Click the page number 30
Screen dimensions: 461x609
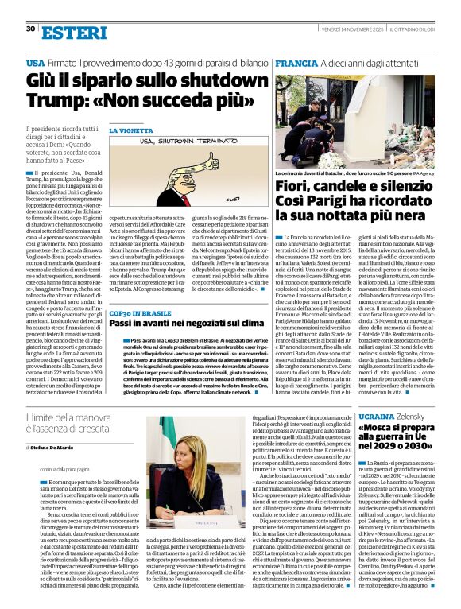click(x=29, y=29)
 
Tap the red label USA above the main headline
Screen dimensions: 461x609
click(x=35, y=62)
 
